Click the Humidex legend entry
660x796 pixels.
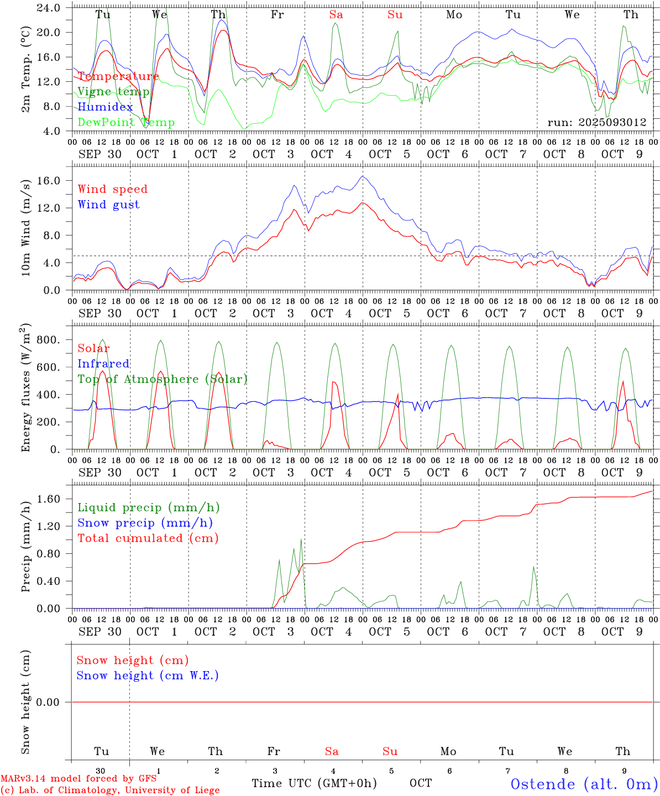[x=105, y=107]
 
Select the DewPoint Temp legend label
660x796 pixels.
[x=126, y=123]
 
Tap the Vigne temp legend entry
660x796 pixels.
[x=113, y=92]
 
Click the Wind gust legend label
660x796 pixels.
[x=108, y=205]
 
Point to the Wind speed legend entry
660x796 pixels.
[x=112, y=189]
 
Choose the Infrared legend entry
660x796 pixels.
[x=103, y=364]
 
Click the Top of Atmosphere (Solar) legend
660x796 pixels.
[x=162, y=379]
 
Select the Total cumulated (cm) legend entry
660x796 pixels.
[x=148, y=538]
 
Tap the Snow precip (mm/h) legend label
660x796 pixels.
[x=145, y=523]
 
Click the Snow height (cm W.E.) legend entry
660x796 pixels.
[x=148, y=675]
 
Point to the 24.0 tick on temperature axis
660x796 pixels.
[x=49, y=8]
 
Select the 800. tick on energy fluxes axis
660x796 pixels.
[x=49, y=340]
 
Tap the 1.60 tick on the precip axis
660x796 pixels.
[x=49, y=499]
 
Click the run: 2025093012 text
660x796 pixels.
[x=596, y=123]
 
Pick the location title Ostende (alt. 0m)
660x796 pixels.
[x=584, y=784]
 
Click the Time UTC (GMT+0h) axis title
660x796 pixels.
[x=314, y=783]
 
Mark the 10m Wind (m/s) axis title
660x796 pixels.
[x=26, y=228]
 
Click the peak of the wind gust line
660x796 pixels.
[x=363, y=176]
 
